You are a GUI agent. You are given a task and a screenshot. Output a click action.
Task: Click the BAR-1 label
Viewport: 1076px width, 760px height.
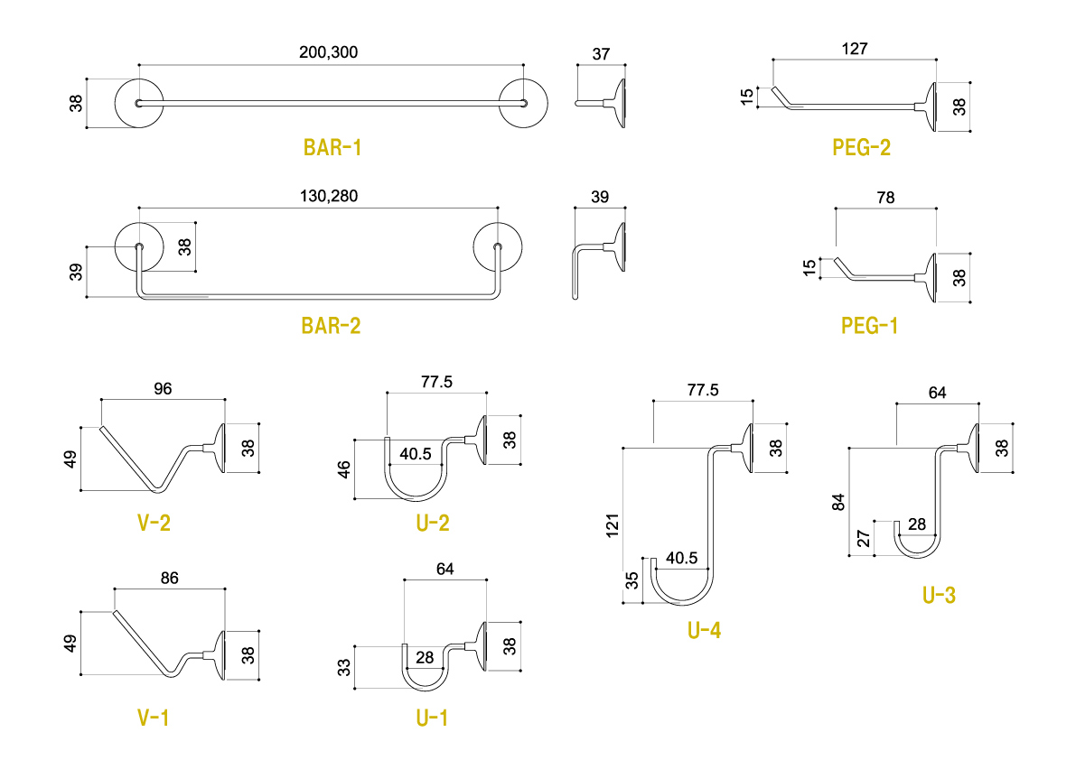[x=332, y=147]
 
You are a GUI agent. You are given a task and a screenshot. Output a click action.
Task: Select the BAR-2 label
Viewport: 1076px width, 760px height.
[x=331, y=326]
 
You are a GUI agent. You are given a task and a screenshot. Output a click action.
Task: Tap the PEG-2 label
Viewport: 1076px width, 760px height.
[x=861, y=147]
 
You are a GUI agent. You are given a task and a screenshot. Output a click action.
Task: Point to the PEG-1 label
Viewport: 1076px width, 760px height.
[x=869, y=326]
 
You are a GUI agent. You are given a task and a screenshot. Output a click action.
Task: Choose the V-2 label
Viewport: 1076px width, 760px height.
[x=153, y=523]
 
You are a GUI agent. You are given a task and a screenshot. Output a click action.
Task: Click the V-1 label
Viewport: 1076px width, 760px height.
[x=153, y=718]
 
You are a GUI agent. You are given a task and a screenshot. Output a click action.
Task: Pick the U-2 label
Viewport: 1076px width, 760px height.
[x=432, y=523]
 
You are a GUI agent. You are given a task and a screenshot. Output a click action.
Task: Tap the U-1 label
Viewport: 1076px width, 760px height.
[x=432, y=718]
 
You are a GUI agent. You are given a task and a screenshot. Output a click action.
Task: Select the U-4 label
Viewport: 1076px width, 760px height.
[x=704, y=630]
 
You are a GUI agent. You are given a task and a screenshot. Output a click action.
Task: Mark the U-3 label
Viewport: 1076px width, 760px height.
[x=939, y=595]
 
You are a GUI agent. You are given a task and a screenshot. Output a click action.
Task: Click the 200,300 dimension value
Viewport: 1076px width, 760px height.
[x=329, y=52]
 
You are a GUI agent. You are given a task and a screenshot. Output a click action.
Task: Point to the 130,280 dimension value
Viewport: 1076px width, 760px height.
[x=329, y=196]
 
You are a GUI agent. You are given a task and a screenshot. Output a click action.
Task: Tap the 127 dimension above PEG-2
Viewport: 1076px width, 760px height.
[x=854, y=49]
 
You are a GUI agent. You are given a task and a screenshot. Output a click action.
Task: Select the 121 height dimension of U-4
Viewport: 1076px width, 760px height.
[x=613, y=525]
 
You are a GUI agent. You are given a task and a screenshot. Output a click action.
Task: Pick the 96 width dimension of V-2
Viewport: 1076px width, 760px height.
[x=163, y=389]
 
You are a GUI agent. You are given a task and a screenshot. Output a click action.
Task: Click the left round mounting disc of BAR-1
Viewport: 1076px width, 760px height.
[x=138, y=104]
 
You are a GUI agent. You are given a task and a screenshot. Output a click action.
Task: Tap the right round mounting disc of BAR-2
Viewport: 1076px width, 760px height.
[x=498, y=246]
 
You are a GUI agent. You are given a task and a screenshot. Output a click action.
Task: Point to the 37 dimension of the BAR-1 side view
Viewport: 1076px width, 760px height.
[x=601, y=54]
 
